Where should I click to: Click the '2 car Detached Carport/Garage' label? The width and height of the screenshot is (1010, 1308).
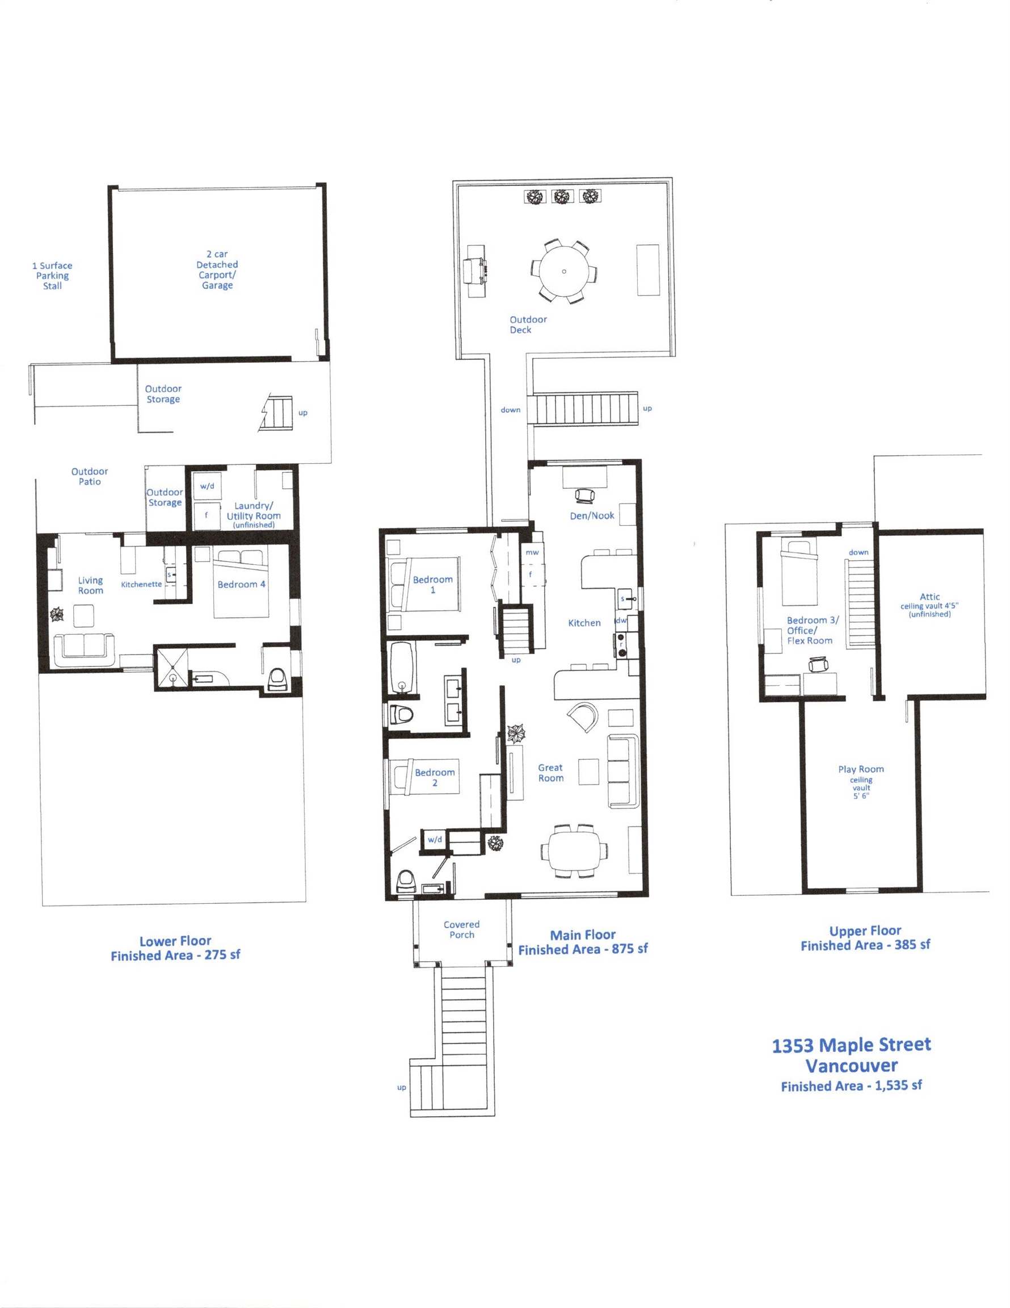tap(217, 270)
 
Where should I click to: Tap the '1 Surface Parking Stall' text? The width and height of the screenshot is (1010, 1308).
tap(52, 275)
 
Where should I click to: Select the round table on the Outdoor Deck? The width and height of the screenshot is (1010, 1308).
tap(563, 271)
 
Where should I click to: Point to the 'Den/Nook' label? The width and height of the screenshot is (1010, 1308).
tap(591, 515)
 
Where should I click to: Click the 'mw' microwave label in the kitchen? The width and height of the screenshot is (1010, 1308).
tap(532, 552)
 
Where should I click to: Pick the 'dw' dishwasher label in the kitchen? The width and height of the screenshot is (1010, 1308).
tap(621, 621)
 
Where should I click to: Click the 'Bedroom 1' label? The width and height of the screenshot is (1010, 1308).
tap(432, 585)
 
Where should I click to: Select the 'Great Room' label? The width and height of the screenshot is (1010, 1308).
tap(550, 773)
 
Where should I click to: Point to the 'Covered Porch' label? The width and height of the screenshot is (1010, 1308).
tap(462, 929)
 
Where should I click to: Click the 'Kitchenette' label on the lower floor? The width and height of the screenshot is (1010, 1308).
tap(141, 584)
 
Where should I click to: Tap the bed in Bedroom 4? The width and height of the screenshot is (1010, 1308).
tap(241, 581)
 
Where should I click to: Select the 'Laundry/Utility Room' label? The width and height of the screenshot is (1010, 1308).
tap(253, 514)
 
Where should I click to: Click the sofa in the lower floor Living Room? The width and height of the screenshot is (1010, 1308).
tap(85, 650)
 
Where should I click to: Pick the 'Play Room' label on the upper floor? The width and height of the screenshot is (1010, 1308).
tap(861, 769)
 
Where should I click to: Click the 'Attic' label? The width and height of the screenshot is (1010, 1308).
tap(930, 597)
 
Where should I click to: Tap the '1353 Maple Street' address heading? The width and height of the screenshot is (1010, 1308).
tap(851, 1045)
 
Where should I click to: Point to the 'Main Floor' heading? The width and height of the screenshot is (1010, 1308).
tap(583, 935)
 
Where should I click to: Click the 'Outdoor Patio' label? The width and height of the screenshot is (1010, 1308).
tap(90, 476)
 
